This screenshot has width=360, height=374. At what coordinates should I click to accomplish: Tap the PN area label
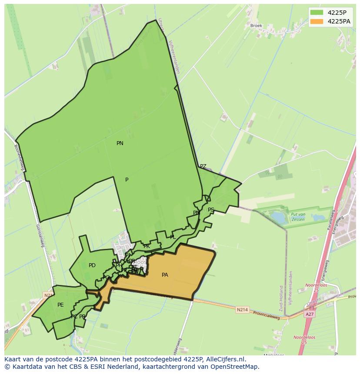120,143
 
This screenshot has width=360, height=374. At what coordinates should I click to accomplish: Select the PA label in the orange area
165,275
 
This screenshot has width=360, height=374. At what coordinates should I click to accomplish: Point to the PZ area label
203,166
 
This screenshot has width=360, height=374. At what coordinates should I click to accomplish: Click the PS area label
211,210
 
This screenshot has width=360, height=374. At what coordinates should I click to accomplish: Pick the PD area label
92,265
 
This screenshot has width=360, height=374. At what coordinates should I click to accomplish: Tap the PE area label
60,305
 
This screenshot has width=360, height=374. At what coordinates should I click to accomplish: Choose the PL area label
173,237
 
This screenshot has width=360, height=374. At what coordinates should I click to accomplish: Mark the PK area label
147,246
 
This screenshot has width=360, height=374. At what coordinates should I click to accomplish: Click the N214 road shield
242,310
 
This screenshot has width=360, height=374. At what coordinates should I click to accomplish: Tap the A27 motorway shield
310,314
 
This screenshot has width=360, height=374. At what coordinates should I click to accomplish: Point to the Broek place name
256,26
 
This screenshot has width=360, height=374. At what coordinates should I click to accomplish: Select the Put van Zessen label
298,217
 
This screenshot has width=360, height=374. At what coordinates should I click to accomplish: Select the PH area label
119,265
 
